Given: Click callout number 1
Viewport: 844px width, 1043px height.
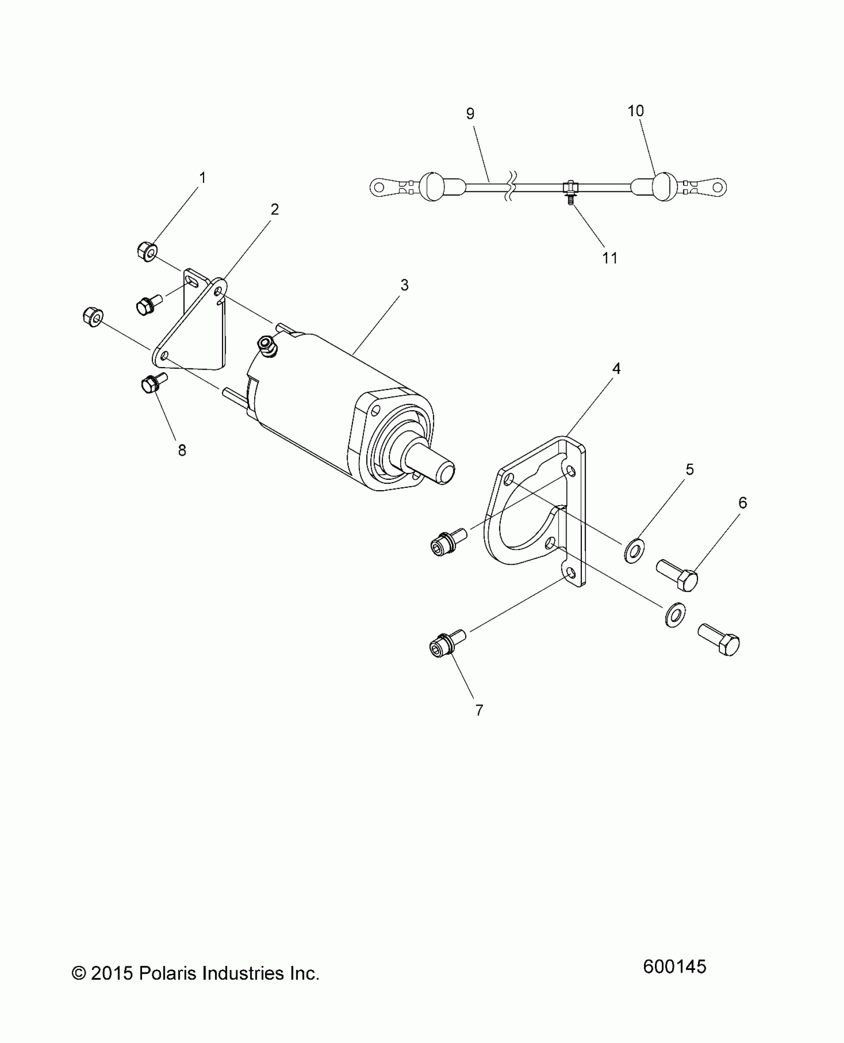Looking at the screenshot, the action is tap(202, 177).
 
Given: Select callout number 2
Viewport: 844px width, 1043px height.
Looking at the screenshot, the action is tap(275, 209).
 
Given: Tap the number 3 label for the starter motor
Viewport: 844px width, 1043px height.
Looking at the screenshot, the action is tap(405, 285).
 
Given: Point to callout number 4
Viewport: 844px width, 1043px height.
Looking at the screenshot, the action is tap(616, 369).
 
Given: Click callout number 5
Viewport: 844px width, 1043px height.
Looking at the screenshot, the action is tap(690, 469).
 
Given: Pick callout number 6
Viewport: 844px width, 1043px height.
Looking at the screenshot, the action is tap(743, 503).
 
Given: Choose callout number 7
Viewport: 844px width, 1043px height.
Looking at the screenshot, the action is tap(479, 711).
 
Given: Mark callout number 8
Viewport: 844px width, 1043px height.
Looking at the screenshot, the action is tap(182, 450).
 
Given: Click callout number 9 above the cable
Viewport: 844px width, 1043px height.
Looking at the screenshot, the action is tap(470, 114).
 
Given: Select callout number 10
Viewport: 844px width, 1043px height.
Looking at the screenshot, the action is tap(636, 111).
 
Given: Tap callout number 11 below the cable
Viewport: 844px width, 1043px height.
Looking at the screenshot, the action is tap(610, 258).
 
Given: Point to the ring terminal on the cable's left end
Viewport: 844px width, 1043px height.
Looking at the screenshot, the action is tap(380, 187).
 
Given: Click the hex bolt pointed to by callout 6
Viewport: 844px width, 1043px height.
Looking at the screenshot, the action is tap(678, 575).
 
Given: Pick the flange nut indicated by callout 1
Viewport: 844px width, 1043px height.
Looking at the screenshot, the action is tap(146, 251).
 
